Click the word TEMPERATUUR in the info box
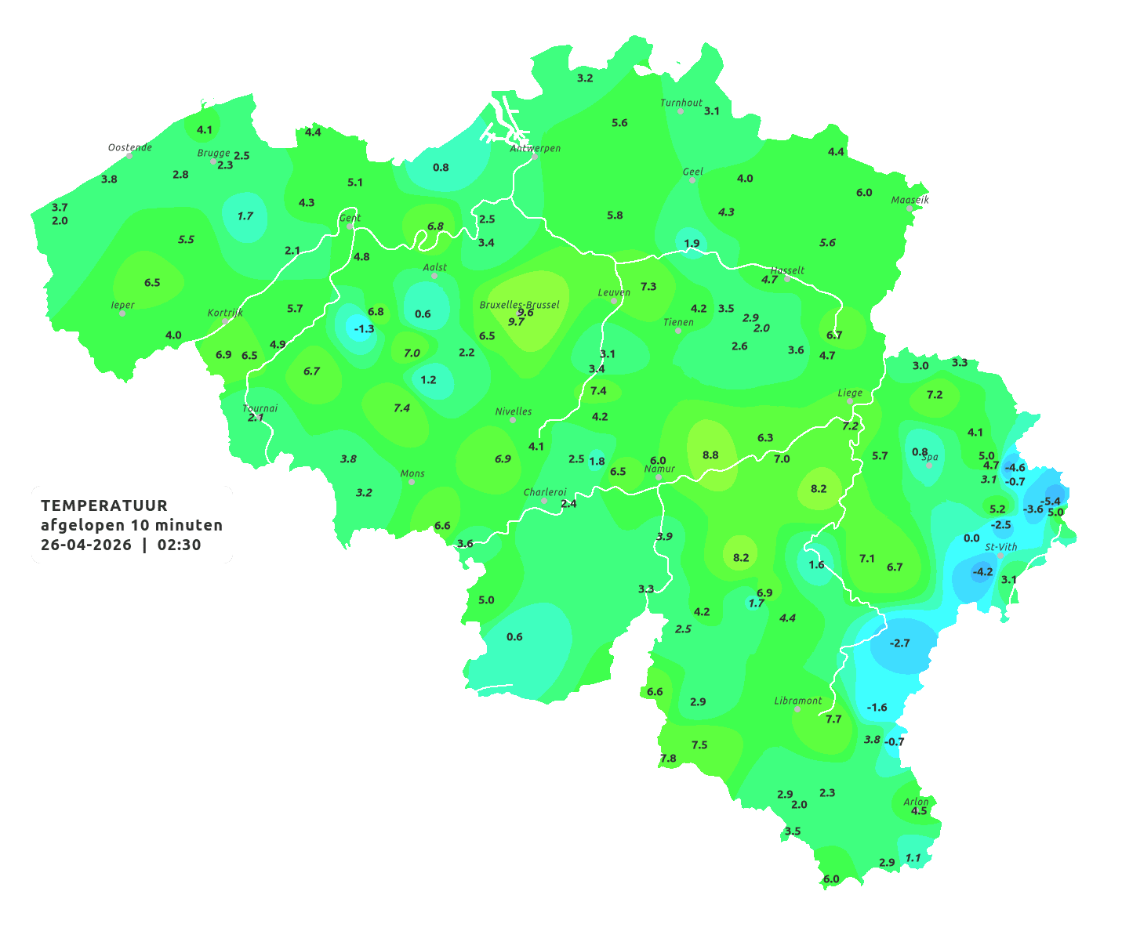point(104,505)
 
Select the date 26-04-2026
point(86,545)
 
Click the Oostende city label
point(129,147)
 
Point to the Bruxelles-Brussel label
point(519,304)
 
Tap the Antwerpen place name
point(536,148)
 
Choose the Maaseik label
point(910,200)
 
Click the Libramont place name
point(798,701)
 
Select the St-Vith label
point(1001,547)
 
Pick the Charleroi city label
point(545,492)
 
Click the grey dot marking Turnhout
point(681,111)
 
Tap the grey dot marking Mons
point(412,482)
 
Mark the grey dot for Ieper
point(122,313)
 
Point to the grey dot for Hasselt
point(787,279)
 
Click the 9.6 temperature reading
point(525,313)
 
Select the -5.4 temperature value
point(1050,502)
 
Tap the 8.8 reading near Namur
point(710,455)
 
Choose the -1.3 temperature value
point(364,329)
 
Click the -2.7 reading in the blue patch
point(900,643)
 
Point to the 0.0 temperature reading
point(971,538)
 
